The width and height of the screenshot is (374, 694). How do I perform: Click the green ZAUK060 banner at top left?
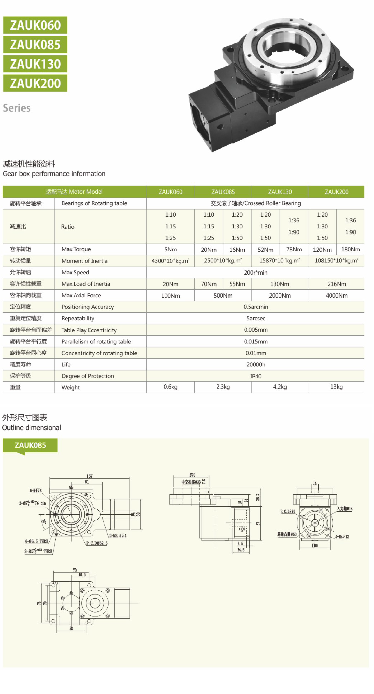pos(35,25)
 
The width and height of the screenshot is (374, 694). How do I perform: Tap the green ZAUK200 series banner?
pos(35,83)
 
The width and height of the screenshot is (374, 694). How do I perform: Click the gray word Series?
pos(17,108)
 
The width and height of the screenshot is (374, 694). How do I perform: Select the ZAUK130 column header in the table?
pos(280,192)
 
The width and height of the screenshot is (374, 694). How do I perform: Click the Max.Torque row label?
pos(76,249)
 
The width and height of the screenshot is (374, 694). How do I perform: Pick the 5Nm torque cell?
pos(170,249)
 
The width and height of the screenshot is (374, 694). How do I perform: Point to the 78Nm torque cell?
pos(294,249)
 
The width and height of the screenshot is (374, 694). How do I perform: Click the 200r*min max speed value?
pos(255,273)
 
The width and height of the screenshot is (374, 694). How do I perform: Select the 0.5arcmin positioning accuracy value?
pos(255,307)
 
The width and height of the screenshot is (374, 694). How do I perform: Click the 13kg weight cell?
pos(336,387)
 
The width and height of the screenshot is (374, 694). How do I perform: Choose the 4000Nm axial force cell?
pos(336,296)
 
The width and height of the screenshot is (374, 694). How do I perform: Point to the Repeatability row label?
pos(78,318)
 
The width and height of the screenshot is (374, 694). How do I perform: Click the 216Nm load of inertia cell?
pos(336,284)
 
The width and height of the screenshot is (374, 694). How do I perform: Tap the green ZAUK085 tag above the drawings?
pos(30,445)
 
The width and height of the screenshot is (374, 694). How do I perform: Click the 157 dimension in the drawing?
pos(89,476)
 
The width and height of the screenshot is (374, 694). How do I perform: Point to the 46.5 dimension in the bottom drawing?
pos(82,575)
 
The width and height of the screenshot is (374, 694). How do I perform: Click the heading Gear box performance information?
pos(54,174)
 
